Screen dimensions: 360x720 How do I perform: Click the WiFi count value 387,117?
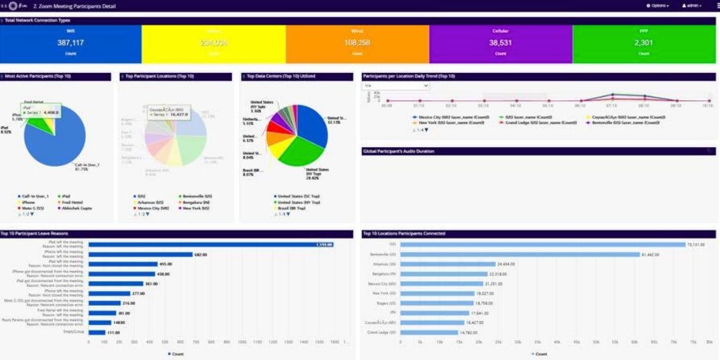click(x=70, y=42)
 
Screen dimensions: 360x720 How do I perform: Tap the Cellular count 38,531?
click(x=501, y=42)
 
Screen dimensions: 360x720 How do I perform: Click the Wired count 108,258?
click(x=357, y=42)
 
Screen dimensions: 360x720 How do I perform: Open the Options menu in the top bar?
click(x=658, y=5)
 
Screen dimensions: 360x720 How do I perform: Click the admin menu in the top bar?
click(x=692, y=5)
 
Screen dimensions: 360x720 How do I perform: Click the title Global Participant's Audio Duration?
click(x=398, y=151)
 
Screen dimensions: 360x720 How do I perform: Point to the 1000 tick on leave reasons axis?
click(x=242, y=341)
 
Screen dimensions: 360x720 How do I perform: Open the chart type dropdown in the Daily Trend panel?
click(x=396, y=85)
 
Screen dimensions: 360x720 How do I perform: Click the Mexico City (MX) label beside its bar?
click(x=381, y=284)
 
